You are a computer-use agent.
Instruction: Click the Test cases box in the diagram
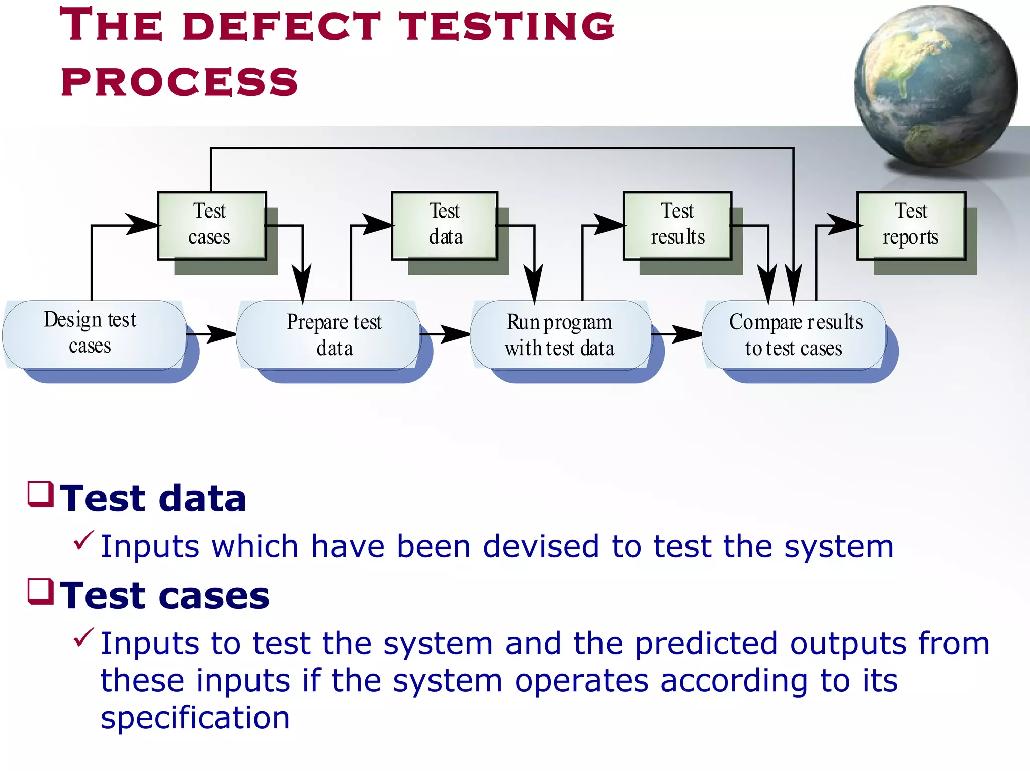pos(212,225)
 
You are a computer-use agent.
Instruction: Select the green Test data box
pos(445,225)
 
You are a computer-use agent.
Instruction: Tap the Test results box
pos(677,225)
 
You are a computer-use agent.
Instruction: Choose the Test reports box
pos(911,225)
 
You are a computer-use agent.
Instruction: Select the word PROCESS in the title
pos(180,82)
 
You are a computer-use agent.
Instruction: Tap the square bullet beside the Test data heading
pos(41,494)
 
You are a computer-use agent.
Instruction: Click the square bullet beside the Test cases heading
pos(41,591)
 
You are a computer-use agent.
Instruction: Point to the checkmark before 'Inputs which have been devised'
pos(83,540)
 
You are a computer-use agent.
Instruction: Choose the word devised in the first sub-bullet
pos(541,546)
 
